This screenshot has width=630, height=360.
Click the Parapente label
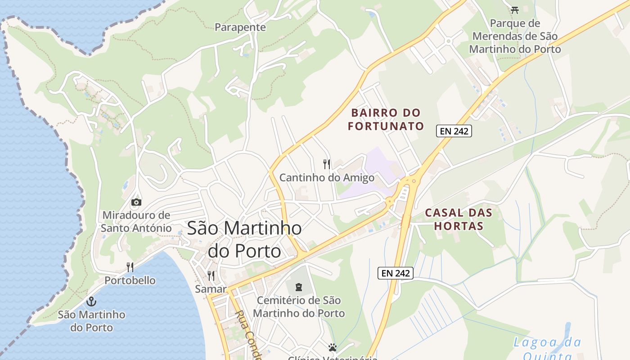pyautogui.click(x=240, y=27)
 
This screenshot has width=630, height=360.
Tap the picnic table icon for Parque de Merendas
pyautogui.click(x=515, y=10)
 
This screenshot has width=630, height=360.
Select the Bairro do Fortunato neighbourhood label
pyautogui.click(x=386, y=119)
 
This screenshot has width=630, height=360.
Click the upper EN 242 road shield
pyautogui.click(x=454, y=131)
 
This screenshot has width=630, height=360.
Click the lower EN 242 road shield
pyautogui.click(x=395, y=273)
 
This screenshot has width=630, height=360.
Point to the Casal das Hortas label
pyautogui.click(x=459, y=219)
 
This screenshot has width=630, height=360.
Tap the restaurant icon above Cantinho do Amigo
pyautogui.click(x=327, y=164)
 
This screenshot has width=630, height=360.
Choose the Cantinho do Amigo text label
pyautogui.click(x=327, y=178)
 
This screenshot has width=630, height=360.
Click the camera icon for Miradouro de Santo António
pyautogui.click(x=136, y=202)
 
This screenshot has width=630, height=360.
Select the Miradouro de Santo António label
pyautogui.click(x=136, y=221)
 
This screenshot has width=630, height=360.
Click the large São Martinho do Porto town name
pyautogui.click(x=244, y=239)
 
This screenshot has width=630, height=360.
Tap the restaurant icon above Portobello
pyautogui.click(x=130, y=267)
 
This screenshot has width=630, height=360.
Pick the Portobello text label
pyautogui.click(x=130, y=280)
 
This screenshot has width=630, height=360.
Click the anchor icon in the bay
pyautogui.click(x=91, y=301)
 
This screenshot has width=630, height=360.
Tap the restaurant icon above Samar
pyautogui.click(x=211, y=275)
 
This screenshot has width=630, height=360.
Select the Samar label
pyautogui.click(x=211, y=289)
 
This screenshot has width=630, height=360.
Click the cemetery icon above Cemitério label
pyautogui.click(x=299, y=287)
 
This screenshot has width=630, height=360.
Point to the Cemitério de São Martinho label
pyautogui.click(x=299, y=306)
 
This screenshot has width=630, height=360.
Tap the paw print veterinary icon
pyautogui.click(x=333, y=347)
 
